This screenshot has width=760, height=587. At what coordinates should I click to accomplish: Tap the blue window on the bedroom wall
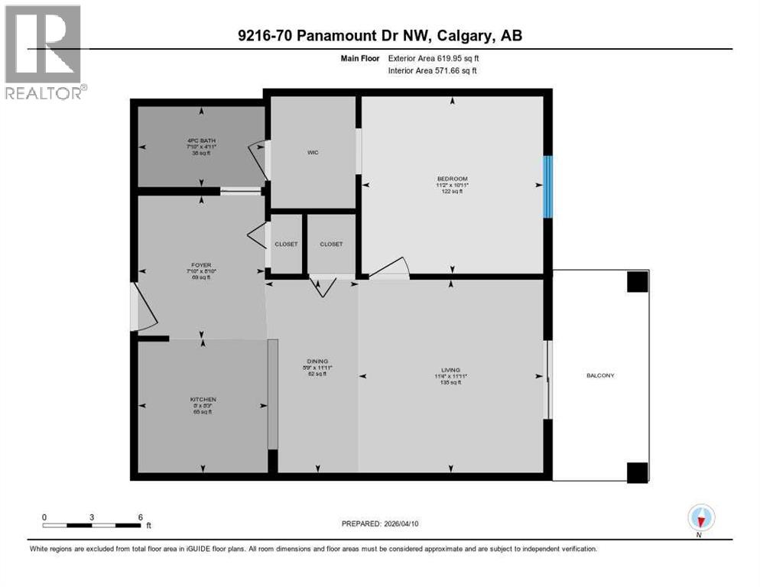coord(547,186)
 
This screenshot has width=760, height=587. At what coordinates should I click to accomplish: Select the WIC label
coord(312,153)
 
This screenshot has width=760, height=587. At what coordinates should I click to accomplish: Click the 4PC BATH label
coord(201,141)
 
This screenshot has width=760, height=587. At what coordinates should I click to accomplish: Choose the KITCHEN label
coord(203,399)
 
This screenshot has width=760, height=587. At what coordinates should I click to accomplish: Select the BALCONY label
coord(600,375)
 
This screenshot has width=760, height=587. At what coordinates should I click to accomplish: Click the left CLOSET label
coord(286,245)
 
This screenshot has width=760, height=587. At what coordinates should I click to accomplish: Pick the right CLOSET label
coord(331,245)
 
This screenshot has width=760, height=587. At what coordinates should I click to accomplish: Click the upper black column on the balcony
coord(637,282)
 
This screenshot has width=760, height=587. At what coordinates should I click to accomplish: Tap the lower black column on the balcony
coord(637,472)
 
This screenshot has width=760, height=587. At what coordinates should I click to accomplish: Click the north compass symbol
coord(700,518)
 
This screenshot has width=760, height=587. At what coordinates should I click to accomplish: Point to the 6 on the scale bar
coord(140,517)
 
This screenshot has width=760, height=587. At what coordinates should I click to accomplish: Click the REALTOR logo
coord(44,52)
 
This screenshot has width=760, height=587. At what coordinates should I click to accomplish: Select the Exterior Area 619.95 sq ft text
coord(434,57)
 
